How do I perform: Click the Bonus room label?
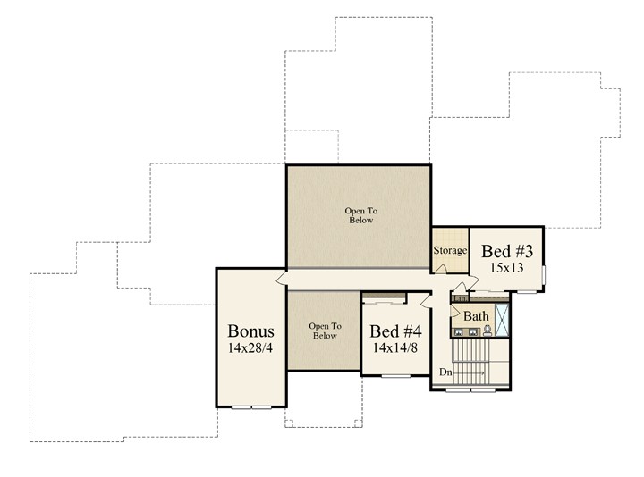point(250,331)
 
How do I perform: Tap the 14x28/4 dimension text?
point(250,348)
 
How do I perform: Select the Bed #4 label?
point(395,331)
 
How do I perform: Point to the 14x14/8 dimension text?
point(395,347)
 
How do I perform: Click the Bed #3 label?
point(507,251)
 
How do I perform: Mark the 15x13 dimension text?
point(507,268)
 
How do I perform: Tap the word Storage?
point(450,250)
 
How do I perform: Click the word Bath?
point(476,316)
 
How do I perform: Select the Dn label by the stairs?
point(445,372)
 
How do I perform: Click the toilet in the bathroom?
point(487,331)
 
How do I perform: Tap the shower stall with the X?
point(502,320)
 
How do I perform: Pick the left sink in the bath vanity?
point(459,332)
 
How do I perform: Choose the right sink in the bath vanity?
point(473,332)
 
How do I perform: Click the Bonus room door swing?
point(282,279)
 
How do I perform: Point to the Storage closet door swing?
point(441,269)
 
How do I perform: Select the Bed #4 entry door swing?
point(426,300)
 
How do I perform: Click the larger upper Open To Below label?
point(361,215)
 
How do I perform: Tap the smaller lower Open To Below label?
point(325,331)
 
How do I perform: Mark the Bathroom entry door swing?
point(454,311)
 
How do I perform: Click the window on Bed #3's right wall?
point(544,275)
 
